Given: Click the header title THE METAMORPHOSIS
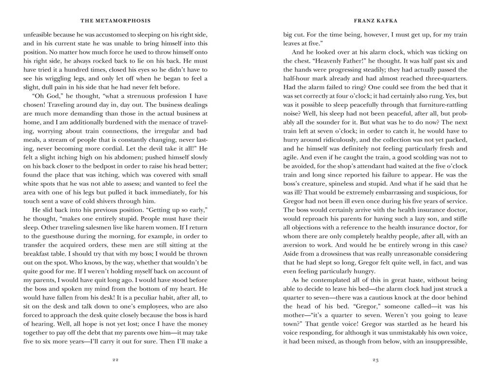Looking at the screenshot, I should [x=116, y=21].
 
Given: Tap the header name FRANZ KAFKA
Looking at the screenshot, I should [x=375, y=21].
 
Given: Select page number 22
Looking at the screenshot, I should [x=116, y=360].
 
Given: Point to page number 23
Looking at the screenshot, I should [x=375, y=360].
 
